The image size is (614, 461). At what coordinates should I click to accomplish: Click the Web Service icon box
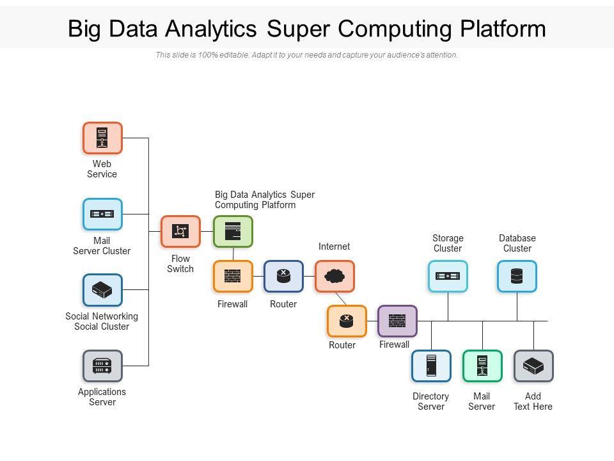(102, 138)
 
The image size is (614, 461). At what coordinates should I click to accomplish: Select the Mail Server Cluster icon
(102, 214)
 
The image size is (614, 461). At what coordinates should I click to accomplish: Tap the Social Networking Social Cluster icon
(102, 290)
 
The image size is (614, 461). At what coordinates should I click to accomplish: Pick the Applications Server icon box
(102, 366)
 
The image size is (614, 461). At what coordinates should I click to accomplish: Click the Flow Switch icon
(180, 231)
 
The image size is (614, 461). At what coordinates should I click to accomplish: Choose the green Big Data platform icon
(233, 231)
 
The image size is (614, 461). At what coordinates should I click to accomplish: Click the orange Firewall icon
(233, 277)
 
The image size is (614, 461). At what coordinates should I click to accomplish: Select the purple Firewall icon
(397, 321)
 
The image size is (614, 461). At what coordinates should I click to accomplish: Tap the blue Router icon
(283, 277)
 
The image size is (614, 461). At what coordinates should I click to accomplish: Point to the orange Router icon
(347, 321)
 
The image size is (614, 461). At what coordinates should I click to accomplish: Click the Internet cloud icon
(335, 277)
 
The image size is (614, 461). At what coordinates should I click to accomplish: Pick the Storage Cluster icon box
(448, 277)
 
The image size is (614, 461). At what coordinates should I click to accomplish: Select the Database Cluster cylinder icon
(517, 277)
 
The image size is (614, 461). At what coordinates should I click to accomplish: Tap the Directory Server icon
(431, 366)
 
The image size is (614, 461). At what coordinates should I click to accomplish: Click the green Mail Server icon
(482, 366)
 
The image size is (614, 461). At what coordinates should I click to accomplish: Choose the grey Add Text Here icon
(533, 366)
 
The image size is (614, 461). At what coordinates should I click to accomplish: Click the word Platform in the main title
(503, 29)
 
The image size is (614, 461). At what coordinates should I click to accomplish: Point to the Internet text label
(334, 247)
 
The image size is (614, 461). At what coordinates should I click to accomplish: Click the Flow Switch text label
(180, 264)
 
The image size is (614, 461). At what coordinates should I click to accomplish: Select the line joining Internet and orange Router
(341, 299)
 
